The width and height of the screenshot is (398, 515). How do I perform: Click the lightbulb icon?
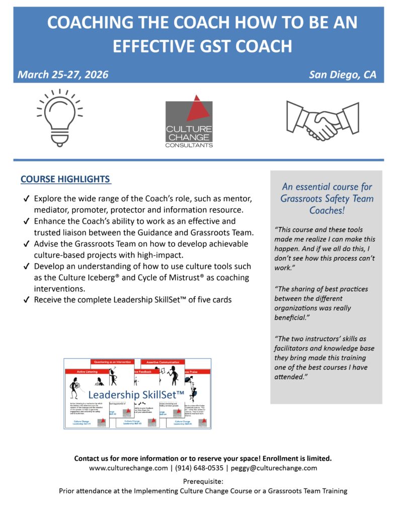(59, 118)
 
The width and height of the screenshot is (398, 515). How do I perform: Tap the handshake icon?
(322, 120)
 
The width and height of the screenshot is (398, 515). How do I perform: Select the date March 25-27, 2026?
(63, 75)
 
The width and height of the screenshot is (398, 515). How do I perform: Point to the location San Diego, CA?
(342, 75)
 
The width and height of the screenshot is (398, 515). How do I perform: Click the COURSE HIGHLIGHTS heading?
(65, 179)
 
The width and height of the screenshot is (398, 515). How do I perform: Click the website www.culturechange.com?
(128, 468)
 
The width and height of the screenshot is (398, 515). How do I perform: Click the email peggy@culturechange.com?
(274, 468)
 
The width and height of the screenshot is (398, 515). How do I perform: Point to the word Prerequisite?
(203, 481)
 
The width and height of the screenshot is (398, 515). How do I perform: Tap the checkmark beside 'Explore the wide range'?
(26, 199)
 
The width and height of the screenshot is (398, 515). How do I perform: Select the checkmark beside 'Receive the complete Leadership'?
(26, 300)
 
